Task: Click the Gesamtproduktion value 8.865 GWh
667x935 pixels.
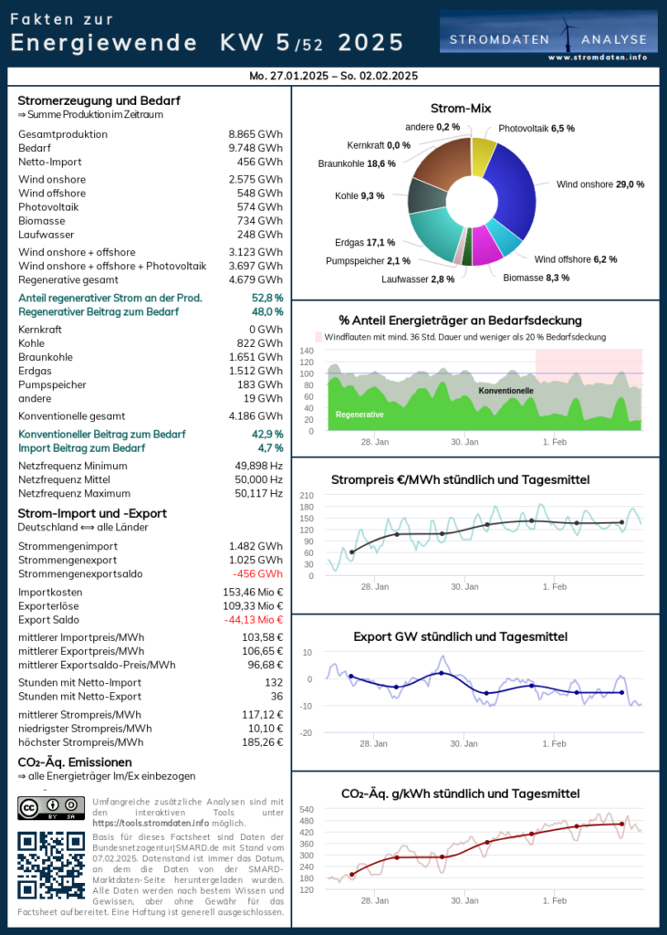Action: click(x=255, y=134)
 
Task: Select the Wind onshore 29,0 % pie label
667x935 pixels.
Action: click(x=600, y=184)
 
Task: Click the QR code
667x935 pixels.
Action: click(x=52, y=865)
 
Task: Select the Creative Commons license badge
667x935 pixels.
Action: click(x=52, y=808)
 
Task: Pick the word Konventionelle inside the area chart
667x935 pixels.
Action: click(x=506, y=391)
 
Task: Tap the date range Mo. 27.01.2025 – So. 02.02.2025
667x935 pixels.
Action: click(x=333, y=76)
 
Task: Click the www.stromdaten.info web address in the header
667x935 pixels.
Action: click(x=598, y=57)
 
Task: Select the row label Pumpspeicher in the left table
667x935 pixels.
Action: click(x=51, y=384)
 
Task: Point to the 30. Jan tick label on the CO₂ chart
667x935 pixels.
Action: click(x=464, y=900)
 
